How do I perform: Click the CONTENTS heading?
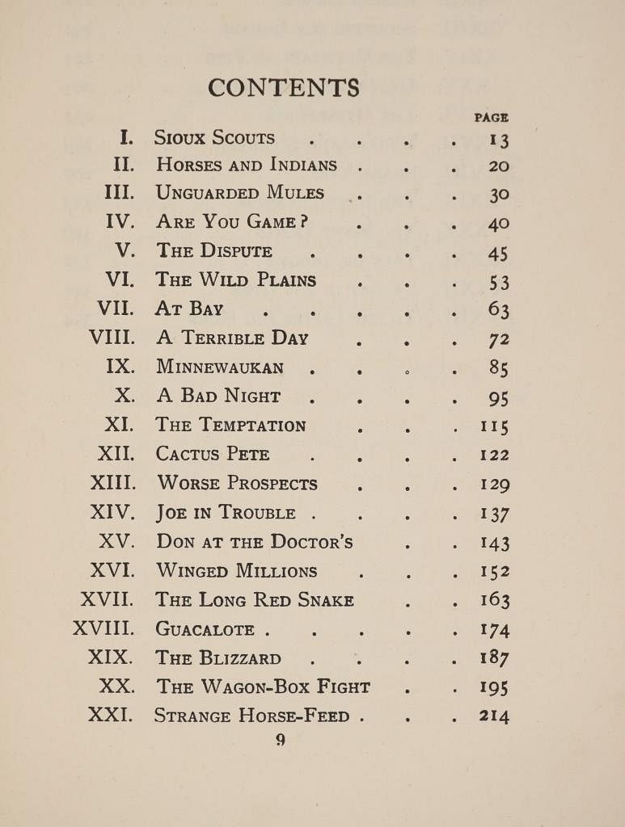pos(283,87)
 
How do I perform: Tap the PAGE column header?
pos(491,118)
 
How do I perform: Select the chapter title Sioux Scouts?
pos(214,138)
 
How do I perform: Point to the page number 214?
pos(494,715)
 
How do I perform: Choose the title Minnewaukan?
pos(220,367)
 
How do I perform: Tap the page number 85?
pos(498,367)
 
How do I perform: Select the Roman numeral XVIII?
pos(103,629)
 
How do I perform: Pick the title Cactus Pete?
pos(213,455)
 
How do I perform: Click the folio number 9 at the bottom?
pos(281,740)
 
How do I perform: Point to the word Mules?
pos(294,194)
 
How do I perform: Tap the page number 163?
pos(494,600)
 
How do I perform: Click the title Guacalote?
pos(205,629)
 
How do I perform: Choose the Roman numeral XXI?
pos(111,715)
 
